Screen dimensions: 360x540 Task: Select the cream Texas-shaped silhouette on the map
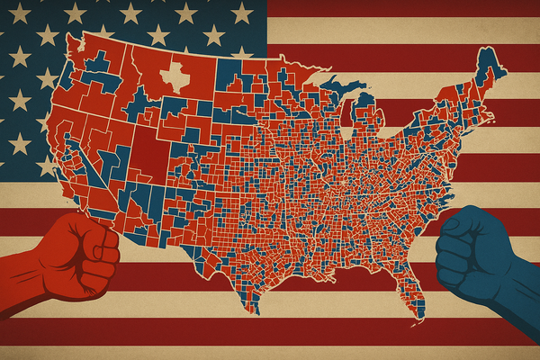[x=175, y=77]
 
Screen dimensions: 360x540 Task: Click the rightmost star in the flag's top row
[x=241, y=12]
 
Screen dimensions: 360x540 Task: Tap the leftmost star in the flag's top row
[x=16, y=12]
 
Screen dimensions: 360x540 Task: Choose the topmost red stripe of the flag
[x=405, y=8]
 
